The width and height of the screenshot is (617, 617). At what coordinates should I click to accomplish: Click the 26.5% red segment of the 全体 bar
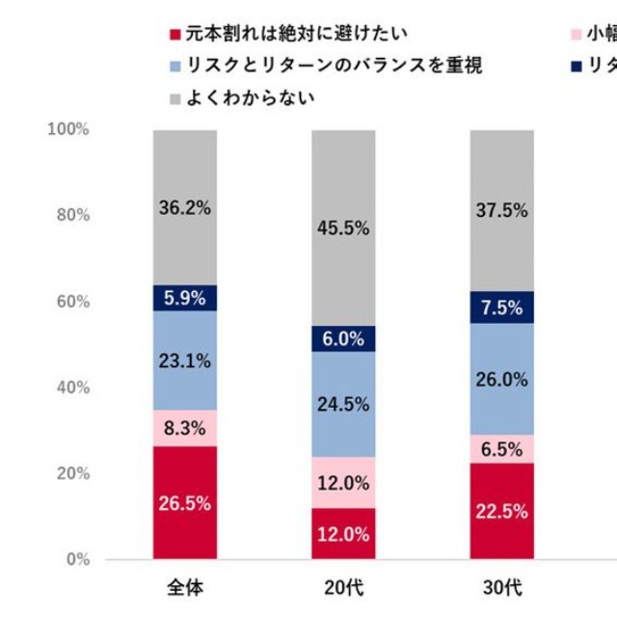click(184, 502)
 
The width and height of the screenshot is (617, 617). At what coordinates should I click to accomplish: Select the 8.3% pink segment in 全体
click(184, 428)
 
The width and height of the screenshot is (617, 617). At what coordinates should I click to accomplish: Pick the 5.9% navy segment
click(184, 298)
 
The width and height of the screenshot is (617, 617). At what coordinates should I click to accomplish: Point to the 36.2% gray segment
click(184, 207)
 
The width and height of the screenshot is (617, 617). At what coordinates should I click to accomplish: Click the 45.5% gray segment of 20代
click(343, 228)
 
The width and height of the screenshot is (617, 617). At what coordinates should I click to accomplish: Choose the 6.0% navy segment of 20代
click(343, 338)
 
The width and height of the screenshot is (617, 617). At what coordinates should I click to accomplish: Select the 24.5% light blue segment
click(343, 404)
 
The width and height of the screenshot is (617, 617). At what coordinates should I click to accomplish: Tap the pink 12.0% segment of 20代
click(343, 482)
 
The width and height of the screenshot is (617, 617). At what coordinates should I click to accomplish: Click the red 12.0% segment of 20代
click(343, 534)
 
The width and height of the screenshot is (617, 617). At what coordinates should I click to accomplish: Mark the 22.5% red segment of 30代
click(501, 511)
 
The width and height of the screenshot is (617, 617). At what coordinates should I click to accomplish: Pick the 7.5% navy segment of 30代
click(501, 308)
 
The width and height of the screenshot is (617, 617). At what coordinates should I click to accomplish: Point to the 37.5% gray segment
click(501, 210)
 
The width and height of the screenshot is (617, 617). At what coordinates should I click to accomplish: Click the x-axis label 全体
click(184, 585)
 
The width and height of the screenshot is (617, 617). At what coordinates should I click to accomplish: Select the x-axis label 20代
click(343, 585)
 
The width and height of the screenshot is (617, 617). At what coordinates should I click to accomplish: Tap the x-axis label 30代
click(501, 585)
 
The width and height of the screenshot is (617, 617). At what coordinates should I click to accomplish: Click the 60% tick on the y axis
click(72, 302)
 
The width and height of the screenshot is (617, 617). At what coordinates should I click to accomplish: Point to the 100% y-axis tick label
click(68, 129)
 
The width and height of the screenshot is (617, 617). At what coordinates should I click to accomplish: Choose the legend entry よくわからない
click(242, 97)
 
